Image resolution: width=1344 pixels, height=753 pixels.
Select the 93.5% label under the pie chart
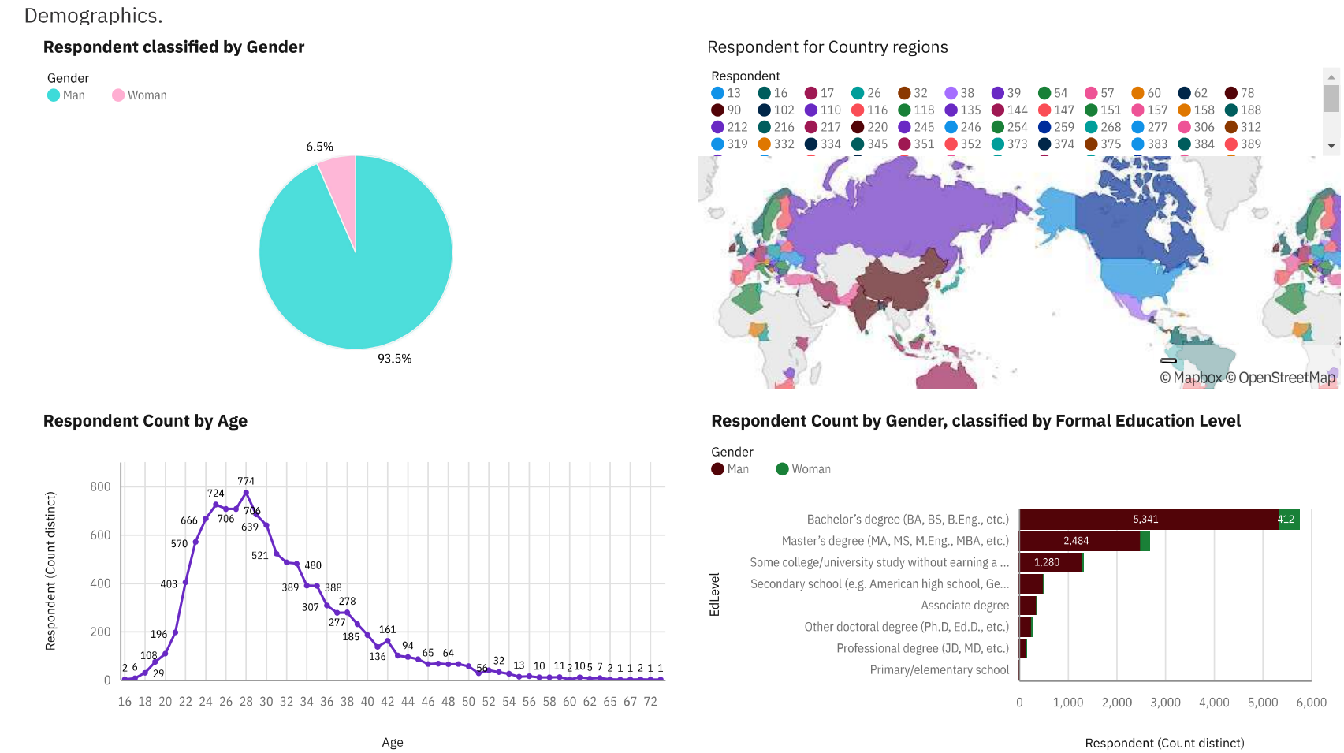tap(394, 359)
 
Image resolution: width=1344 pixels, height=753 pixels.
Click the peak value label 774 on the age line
tap(246, 481)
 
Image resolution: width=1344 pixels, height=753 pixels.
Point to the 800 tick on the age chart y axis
tap(100, 486)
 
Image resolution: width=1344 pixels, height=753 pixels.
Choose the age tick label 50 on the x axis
tap(468, 702)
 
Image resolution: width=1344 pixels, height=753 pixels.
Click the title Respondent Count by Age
tap(145, 421)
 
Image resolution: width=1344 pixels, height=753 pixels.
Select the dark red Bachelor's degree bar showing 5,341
tap(1148, 520)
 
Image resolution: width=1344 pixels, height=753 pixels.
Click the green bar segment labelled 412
tap(1288, 520)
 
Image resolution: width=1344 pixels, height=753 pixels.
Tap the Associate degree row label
tap(965, 606)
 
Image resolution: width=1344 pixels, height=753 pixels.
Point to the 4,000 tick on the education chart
tap(1214, 703)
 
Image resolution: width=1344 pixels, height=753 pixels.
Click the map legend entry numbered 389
tap(1243, 144)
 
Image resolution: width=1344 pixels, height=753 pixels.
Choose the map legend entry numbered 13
tap(726, 93)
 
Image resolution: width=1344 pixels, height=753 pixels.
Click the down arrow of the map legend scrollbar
tap(1331, 146)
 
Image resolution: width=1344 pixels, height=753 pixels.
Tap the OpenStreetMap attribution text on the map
tap(1286, 378)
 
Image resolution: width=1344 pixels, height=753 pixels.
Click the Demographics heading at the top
tap(93, 16)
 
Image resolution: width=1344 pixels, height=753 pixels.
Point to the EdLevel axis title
tap(715, 595)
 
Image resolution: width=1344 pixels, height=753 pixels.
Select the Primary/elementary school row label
tap(939, 670)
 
